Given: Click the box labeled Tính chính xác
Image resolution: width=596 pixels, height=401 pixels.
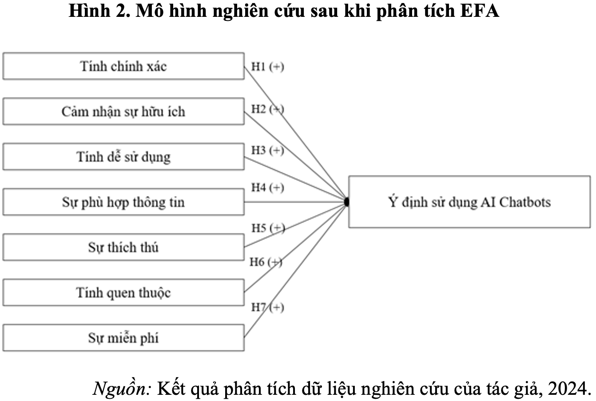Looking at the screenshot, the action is [123, 66].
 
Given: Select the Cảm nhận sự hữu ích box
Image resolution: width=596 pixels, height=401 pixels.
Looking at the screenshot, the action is [123, 111].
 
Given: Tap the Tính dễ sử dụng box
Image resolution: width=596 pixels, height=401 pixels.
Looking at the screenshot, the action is [123, 157].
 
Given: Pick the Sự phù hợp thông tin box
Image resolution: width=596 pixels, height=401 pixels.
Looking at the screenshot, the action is [123, 202].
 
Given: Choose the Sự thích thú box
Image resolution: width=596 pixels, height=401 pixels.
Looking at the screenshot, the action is [123, 247].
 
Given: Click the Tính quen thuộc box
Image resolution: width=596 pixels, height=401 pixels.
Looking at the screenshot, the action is [123, 292].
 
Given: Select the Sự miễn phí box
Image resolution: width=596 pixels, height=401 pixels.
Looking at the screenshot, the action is [123, 338].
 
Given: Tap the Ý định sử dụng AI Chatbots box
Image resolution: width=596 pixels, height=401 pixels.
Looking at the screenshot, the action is [469, 202].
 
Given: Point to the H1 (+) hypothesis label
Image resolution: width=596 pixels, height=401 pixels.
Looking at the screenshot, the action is [268, 67].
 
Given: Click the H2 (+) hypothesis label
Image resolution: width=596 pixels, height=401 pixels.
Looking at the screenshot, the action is [268, 109].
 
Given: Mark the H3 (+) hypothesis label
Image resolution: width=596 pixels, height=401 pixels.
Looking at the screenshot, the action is [268, 151].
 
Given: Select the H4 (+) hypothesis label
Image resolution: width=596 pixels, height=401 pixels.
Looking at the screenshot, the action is [268, 188].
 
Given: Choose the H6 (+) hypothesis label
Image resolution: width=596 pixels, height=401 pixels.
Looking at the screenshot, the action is [266, 262].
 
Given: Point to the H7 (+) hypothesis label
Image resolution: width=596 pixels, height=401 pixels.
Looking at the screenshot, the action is [268, 307].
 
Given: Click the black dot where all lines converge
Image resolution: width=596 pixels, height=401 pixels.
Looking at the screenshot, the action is [346, 202].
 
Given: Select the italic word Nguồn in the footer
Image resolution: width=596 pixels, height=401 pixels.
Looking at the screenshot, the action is [122, 388].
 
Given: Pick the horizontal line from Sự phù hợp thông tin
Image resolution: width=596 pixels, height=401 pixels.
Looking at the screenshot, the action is [294, 202].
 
